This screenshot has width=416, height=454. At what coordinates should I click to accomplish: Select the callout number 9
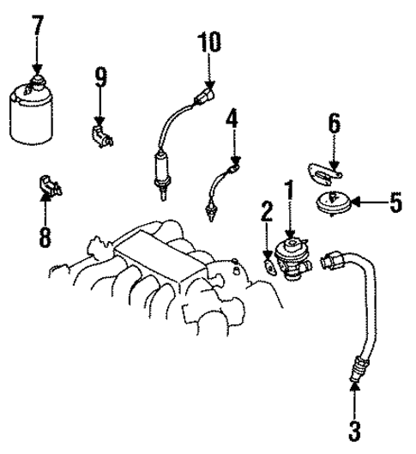100,80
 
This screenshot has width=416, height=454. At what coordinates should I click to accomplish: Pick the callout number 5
395,203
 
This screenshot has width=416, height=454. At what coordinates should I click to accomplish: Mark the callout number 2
267,211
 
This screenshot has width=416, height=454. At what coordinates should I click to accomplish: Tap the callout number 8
45,236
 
